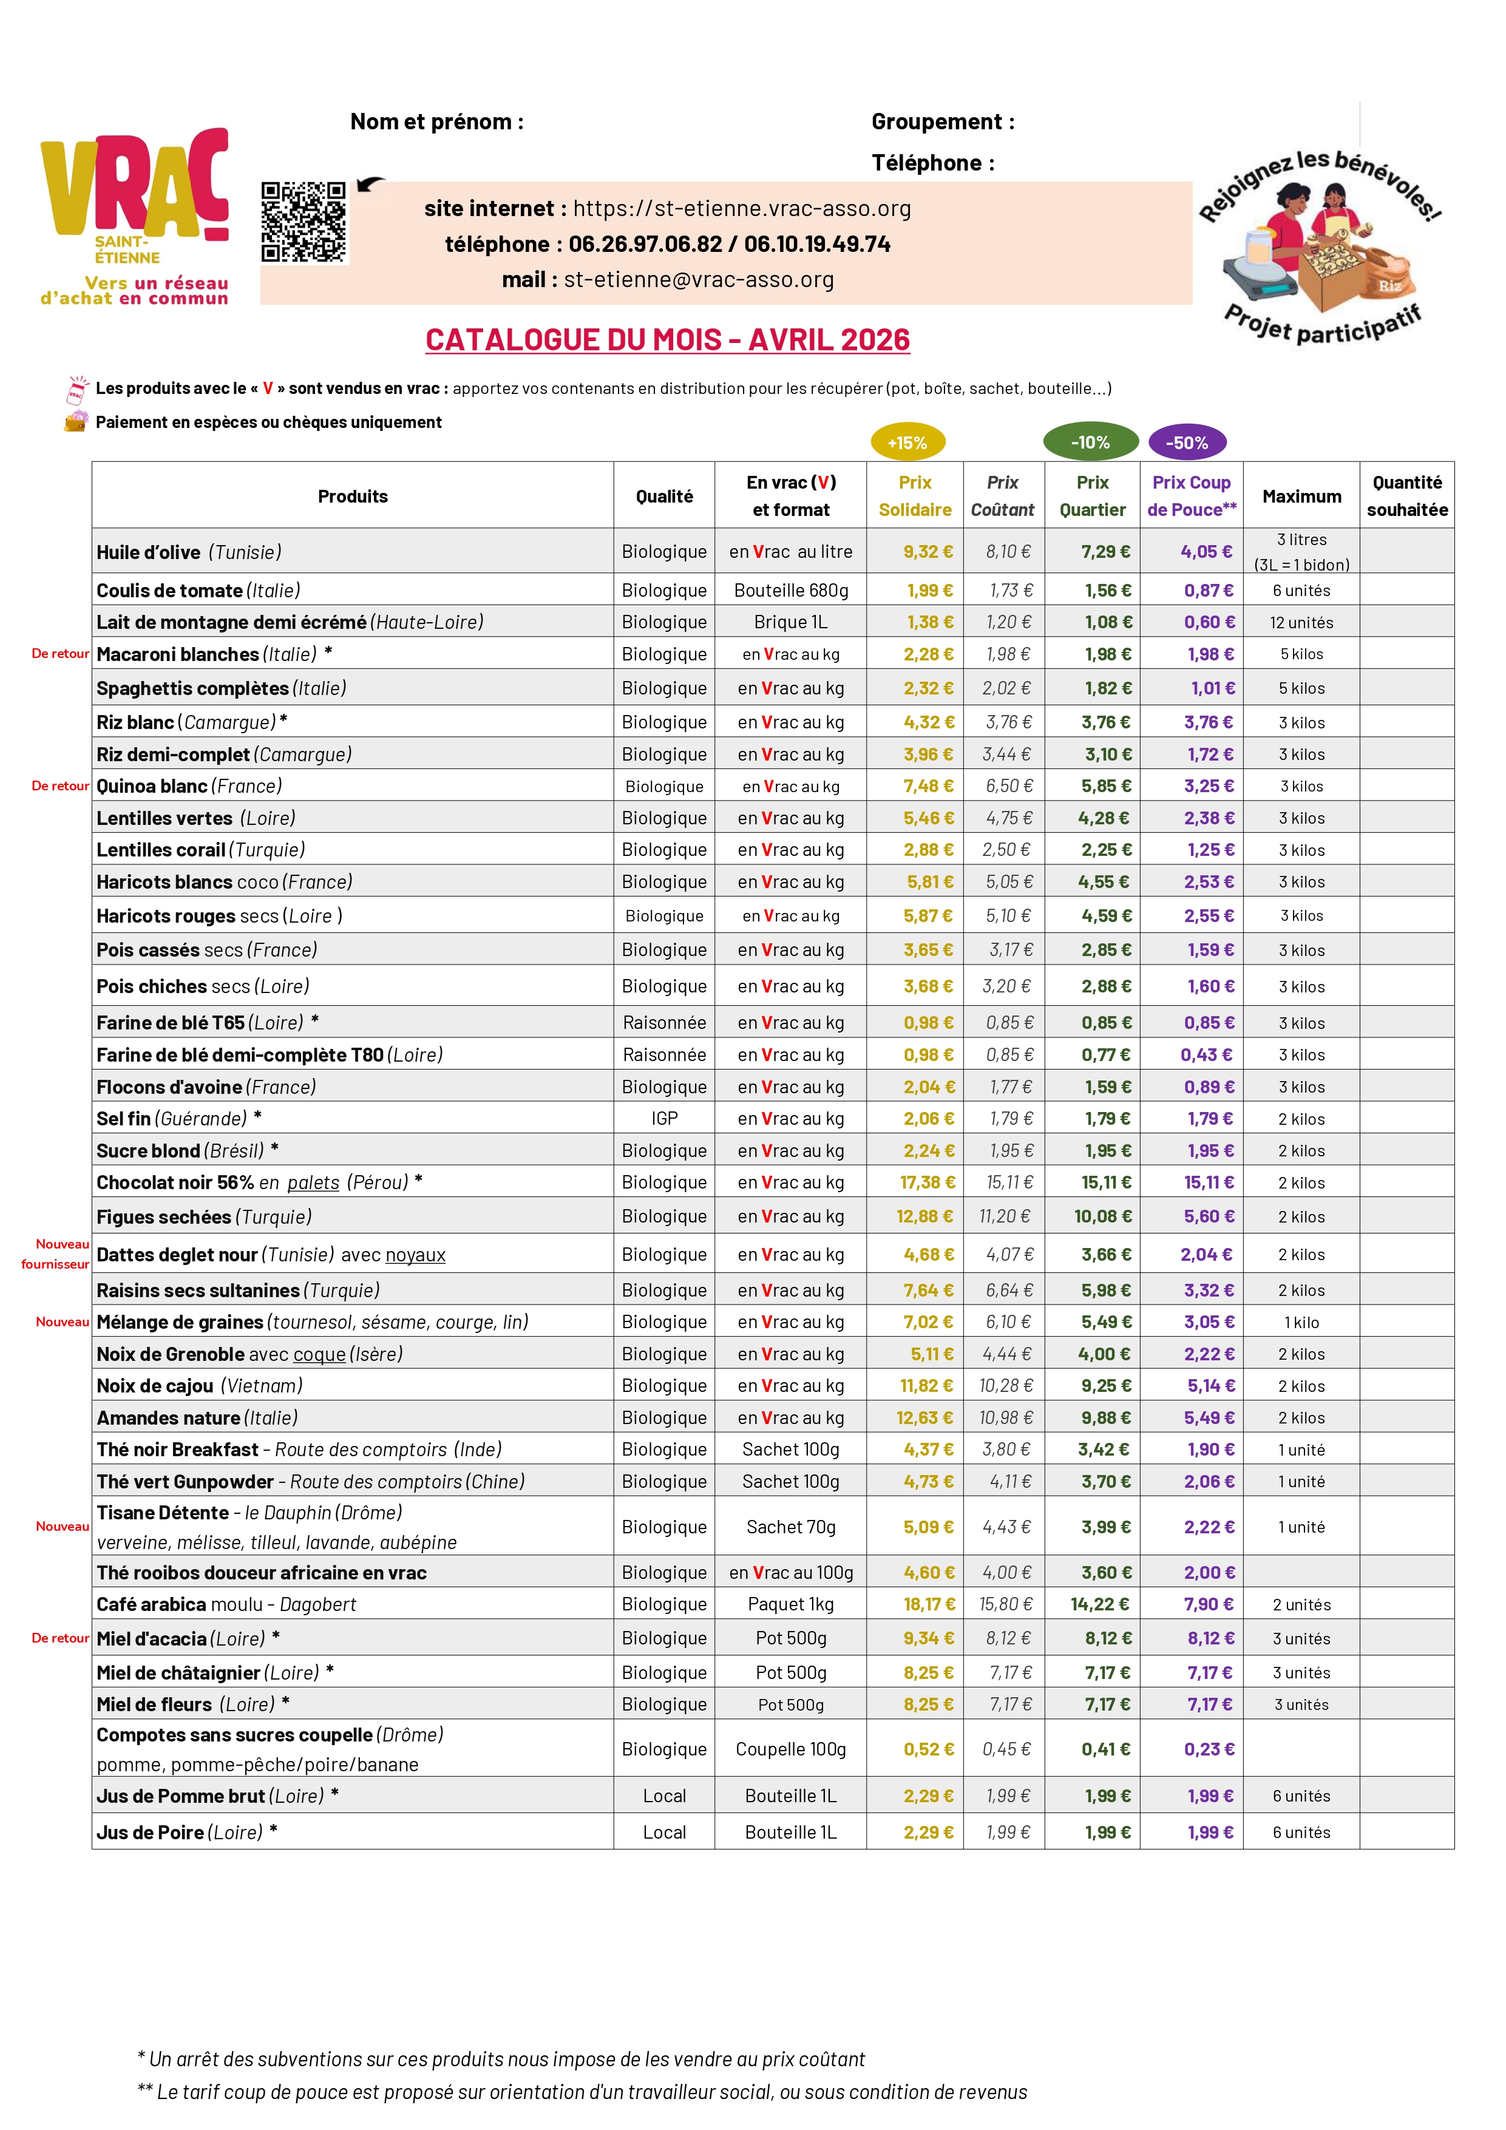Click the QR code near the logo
pyautogui.click(x=304, y=223)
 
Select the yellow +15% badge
pyautogui.click(x=907, y=443)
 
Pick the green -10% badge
pyautogui.click(x=1090, y=443)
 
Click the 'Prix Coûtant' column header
pyautogui.click(x=1003, y=497)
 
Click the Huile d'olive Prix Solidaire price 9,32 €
pyautogui.click(x=928, y=551)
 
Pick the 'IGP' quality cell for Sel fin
pyautogui.click(x=665, y=1119)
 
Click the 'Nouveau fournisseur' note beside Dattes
pyautogui.click(x=56, y=1254)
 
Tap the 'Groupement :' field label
pyautogui.click(x=943, y=121)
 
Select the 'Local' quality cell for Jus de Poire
pyautogui.click(x=665, y=1832)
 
